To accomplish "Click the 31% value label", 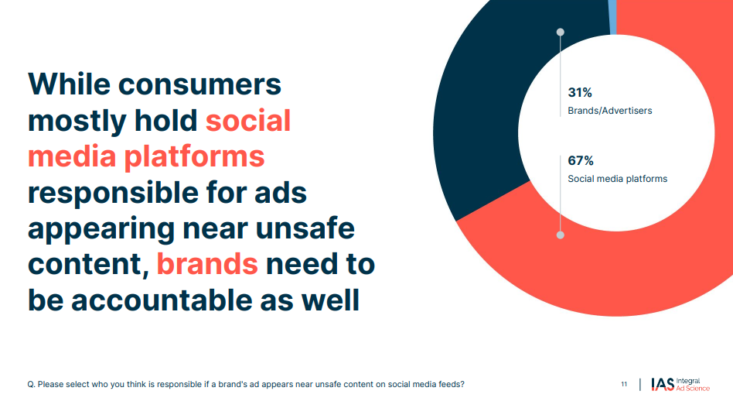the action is coord(580,93).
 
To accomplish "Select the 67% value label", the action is coord(581,161).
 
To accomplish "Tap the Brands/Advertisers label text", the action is coord(609,111).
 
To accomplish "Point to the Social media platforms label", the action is coord(618,179).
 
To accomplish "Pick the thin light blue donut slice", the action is coord(612,17).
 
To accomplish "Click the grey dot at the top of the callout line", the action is coord(560,32).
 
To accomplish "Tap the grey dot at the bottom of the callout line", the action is coord(560,235).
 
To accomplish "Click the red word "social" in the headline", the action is coord(248,120).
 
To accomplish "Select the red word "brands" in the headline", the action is coord(207,263).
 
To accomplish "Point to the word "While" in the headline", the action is coord(69,84).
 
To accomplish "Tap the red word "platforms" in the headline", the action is coord(194,157).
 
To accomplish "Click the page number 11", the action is coord(624,384).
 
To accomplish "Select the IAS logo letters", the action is coord(663,384).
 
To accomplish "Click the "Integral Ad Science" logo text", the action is coord(693,385).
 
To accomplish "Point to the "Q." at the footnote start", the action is coord(32,385).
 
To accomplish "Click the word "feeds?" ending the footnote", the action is coord(452,384).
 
